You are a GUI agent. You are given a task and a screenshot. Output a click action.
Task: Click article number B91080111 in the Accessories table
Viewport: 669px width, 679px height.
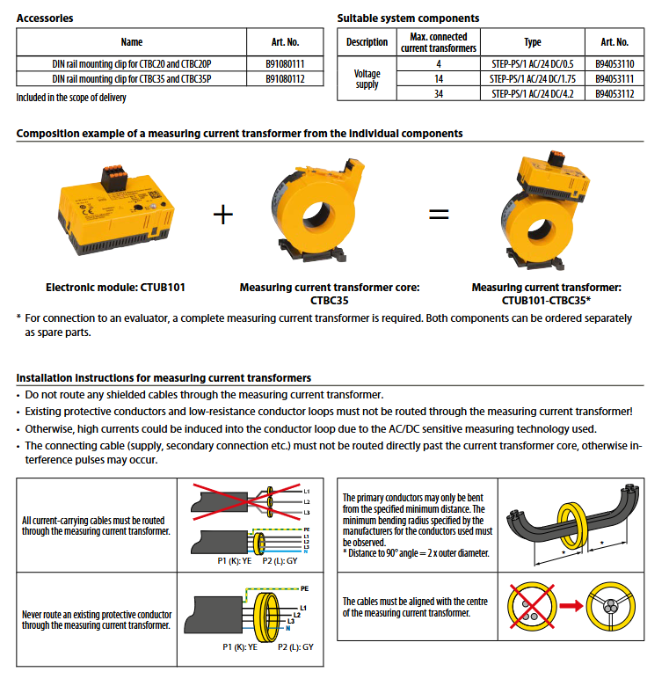point(285,64)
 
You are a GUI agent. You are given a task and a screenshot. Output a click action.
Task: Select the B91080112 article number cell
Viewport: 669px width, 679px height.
point(285,78)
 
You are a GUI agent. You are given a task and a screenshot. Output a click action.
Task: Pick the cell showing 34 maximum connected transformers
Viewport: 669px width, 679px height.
point(438,93)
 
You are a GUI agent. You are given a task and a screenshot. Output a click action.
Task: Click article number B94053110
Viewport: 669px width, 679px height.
point(614,64)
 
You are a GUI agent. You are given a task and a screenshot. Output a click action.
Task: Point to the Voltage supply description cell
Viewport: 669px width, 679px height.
point(367,79)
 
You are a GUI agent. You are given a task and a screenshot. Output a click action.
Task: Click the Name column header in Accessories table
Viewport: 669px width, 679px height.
point(132,41)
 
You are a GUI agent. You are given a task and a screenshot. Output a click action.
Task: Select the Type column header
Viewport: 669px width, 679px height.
point(533,41)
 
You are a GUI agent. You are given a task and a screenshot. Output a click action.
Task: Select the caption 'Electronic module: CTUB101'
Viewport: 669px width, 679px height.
point(115,287)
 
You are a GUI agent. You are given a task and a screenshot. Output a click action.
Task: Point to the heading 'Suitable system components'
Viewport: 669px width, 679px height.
point(408,18)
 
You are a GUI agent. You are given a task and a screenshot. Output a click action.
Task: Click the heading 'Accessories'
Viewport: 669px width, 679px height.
point(45,18)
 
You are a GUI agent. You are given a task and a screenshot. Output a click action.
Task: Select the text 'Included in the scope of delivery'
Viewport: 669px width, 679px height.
point(71,98)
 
